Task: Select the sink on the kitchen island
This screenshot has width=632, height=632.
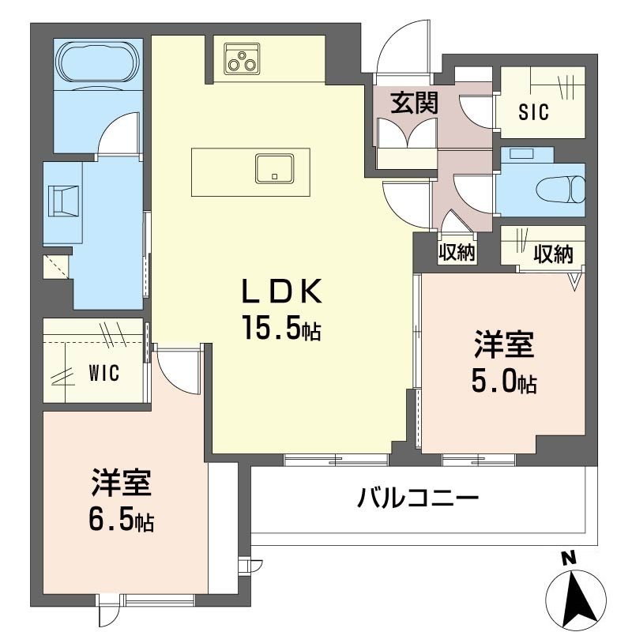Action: (274, 168)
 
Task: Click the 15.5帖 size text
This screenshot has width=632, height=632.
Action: (283, 329)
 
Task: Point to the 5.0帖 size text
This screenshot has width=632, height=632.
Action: (504, 382)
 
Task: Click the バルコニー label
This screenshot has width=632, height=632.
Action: (419, 499)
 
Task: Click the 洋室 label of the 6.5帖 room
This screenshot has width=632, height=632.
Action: (121, 483)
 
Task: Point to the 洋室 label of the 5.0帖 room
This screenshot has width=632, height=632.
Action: (504, 346)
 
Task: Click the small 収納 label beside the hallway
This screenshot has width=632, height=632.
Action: (457, 254)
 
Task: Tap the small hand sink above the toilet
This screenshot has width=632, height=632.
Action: (521, 153)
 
